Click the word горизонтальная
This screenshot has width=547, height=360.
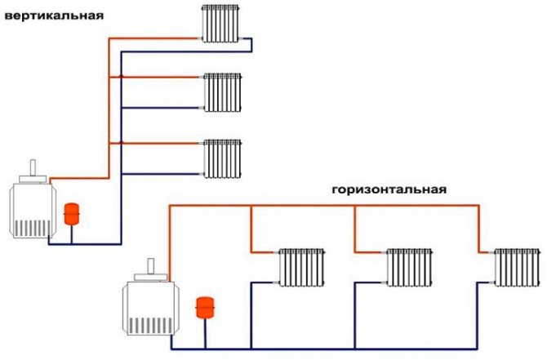[x=389, y=189]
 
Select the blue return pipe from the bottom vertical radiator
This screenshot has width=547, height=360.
[x=163, y=172]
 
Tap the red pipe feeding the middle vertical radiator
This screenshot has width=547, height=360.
[x=163, y=78]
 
